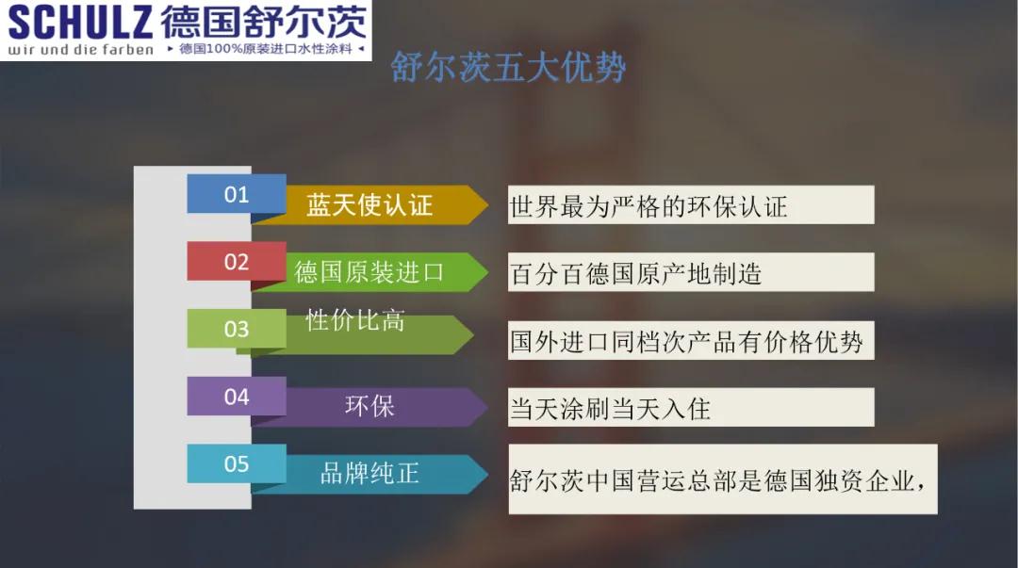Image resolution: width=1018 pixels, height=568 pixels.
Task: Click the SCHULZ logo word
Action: pos(80,22)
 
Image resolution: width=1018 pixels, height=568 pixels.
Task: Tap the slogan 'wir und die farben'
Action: pos(80,49)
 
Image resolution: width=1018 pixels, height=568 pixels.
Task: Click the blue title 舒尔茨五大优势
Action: pos(508,67)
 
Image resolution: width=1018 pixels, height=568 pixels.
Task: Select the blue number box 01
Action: pos(237,194)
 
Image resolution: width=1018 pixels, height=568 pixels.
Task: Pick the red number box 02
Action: pos(237,262)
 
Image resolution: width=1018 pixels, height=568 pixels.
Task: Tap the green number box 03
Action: pos(237,329)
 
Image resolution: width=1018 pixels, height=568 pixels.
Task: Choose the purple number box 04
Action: pos(237,397)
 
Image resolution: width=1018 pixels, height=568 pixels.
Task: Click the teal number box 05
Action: pos(237,464)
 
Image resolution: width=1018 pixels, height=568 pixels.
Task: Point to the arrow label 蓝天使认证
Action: pos(369,205)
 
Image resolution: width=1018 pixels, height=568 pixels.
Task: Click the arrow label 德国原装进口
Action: pos(369,272)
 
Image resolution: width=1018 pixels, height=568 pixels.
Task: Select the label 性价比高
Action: pos(355,320)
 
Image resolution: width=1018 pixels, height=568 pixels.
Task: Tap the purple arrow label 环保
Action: pos(369,406)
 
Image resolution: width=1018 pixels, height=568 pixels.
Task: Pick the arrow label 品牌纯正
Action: pos(369,473)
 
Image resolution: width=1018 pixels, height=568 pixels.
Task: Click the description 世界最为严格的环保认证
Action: pos(648,207)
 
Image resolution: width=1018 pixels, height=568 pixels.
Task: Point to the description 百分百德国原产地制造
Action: pos(635,274)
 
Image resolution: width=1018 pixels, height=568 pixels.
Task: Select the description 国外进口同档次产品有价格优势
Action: pos(686,341)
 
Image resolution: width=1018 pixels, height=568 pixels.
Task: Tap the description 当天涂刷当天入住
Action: pos(610,409)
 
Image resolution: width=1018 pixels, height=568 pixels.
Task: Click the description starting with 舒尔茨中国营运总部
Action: pos(717,481)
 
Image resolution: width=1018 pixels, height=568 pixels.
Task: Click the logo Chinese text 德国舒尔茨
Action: pos(264,22)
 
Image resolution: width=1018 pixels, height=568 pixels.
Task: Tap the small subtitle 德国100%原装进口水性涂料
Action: pos(266,49)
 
